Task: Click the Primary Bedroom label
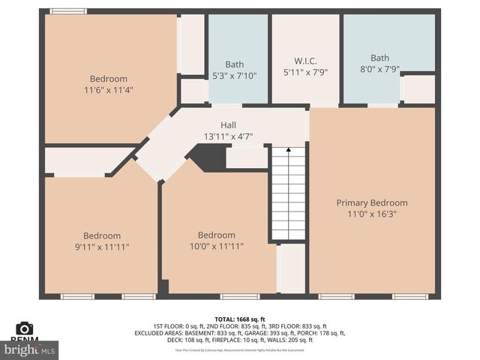(x=371, y=202)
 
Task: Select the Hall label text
(x=228, y=125)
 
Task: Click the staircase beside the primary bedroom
(x=288, y=193)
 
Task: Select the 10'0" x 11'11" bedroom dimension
(x=217, y=246)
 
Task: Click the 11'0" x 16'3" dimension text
(x=371, y=214)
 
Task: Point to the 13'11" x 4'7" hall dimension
(x=228, y=136)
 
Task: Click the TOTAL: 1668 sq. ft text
(x=240, y=319)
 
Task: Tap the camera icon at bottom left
(x=25, y=328)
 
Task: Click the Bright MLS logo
(x=29, y=349)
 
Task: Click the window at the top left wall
(x=68, y=10)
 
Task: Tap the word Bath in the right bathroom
(x=379, y=58)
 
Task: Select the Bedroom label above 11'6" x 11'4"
(x=109, y=79)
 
